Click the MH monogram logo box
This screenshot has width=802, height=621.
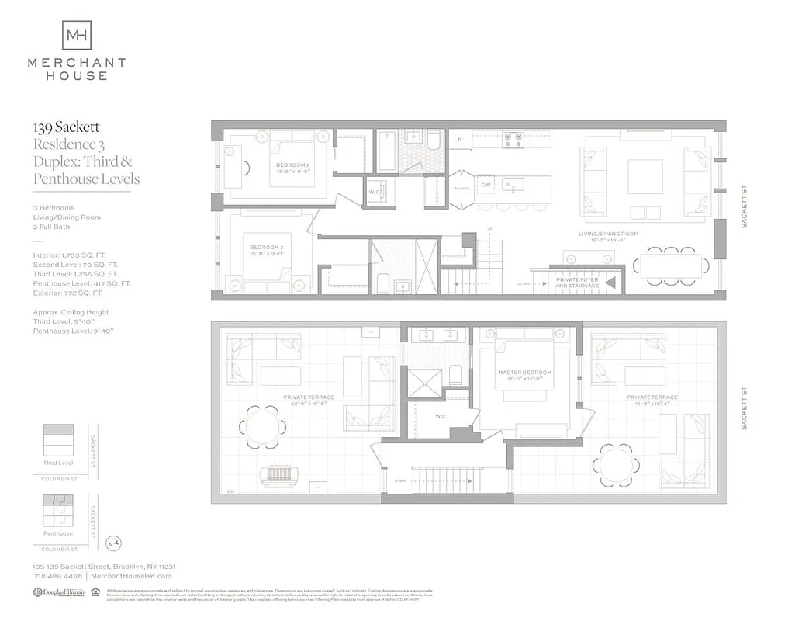[x=76, y=35]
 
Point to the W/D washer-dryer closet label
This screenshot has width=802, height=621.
[x=375, y=192]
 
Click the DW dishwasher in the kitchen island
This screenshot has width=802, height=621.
[x=486, y=185]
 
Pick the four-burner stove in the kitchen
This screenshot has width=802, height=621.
[x=513, y=140]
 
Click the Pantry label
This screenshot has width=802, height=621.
[x=460, y=186]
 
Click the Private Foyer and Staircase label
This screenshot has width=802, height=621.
[x=576, y=283]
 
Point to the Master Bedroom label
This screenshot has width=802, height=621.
[x=524, y=376]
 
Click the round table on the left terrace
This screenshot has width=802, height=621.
[x=262, y=427]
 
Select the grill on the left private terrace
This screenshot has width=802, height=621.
[x=277, y=475]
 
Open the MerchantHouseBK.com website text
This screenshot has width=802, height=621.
[x=131, y=576]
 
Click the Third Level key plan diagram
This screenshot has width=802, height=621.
[x=59, y=441]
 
